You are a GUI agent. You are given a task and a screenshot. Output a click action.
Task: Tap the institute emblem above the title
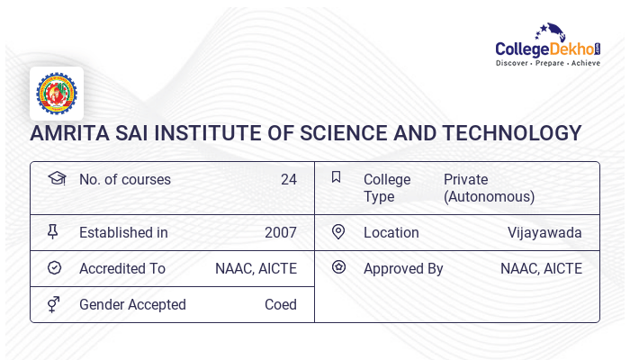[x=57, y=94]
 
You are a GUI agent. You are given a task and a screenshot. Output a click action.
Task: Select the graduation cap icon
[x=56, y=178]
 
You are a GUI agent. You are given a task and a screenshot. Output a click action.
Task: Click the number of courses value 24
[x=288, y=179]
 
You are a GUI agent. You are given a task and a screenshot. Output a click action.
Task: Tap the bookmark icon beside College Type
[x=337, y=177]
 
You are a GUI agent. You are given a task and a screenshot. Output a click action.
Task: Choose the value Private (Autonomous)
[x=489, y=188]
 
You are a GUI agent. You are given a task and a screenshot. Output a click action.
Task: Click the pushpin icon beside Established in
[x=53, y=232]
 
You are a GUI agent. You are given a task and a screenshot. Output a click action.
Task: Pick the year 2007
[x=280, y=232]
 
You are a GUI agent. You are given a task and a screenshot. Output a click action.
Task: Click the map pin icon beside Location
[x=338, y=232]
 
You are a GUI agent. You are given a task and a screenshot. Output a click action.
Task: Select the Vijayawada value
[x=544, y=232]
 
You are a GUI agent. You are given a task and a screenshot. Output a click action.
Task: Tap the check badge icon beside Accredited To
[x=54, y=268]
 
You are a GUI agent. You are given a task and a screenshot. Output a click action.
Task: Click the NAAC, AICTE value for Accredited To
[x=256, y=268]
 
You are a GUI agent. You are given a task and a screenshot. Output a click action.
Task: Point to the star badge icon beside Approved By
[x=338, y=267]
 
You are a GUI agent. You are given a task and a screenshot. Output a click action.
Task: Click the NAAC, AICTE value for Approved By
[x=541, y=268]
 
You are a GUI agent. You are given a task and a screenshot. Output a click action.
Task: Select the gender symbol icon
[x=53, y=304]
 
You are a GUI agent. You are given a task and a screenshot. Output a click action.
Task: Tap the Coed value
[x=280, y=304]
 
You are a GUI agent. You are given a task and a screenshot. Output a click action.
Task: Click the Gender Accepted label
[x=132, y=304]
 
